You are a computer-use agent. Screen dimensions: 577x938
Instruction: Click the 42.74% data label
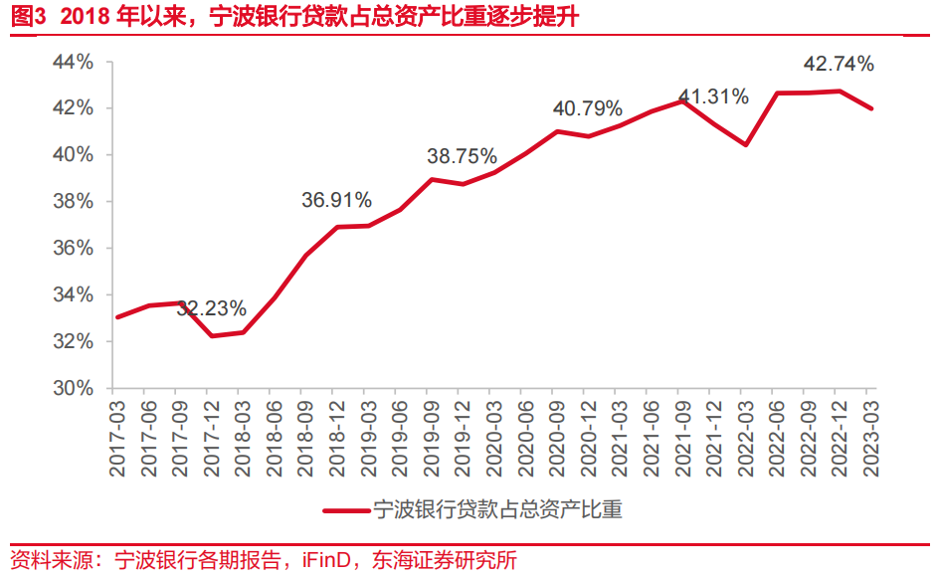pyautogui.click(x=839, y=65)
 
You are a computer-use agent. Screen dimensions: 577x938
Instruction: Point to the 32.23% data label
pyautogui.click(x=211, y=308)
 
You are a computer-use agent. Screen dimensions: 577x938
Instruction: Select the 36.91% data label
pyautogui.click(x=336, y=201)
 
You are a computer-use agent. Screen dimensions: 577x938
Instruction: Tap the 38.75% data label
pyautogui.click(x=462, y=156)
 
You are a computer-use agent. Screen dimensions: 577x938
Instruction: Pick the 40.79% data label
pyautogui.click(x=587, y=107)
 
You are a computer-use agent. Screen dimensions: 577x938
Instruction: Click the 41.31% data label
pyautogui.click(x=713, y=96)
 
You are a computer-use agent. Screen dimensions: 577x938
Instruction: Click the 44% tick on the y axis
pyautogui.click(x=73, y=62)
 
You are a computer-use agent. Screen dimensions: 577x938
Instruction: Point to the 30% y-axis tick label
pyautogui.click(x=73, y=388)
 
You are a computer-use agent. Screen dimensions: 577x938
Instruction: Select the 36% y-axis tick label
pyautogui.click(x=73, y=248)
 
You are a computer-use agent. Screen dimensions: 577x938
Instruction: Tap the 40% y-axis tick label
pyautogui.click(x=73, y=154)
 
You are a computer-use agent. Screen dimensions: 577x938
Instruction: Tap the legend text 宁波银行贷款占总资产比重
pyautogui.click(x=496, y=510)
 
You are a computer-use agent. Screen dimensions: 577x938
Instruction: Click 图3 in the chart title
pyautogui.click(x=22, y=18)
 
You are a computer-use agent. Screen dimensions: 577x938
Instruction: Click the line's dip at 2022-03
pyautogui.click(x=746, y=144)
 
